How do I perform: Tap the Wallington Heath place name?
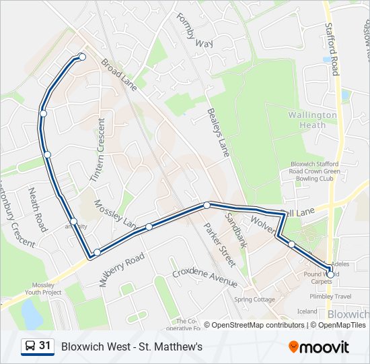coord(312,120)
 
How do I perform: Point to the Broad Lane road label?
coord(118,74)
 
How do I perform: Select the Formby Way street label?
coord(194,30)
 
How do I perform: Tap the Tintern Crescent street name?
coord(98,150)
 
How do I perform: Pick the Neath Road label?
coord(37,210)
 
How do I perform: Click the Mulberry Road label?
coord(122,270)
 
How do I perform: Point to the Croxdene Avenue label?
coord(205,276)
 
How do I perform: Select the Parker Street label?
coord(219,244)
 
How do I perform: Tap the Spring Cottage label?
coord(254,299)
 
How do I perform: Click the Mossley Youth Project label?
coord(42,289)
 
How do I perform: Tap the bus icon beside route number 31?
coord(30,346)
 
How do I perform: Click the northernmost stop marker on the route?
coord(82,57)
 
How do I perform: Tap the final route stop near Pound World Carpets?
coord(330,274)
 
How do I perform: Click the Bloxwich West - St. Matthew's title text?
coord(132,347)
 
